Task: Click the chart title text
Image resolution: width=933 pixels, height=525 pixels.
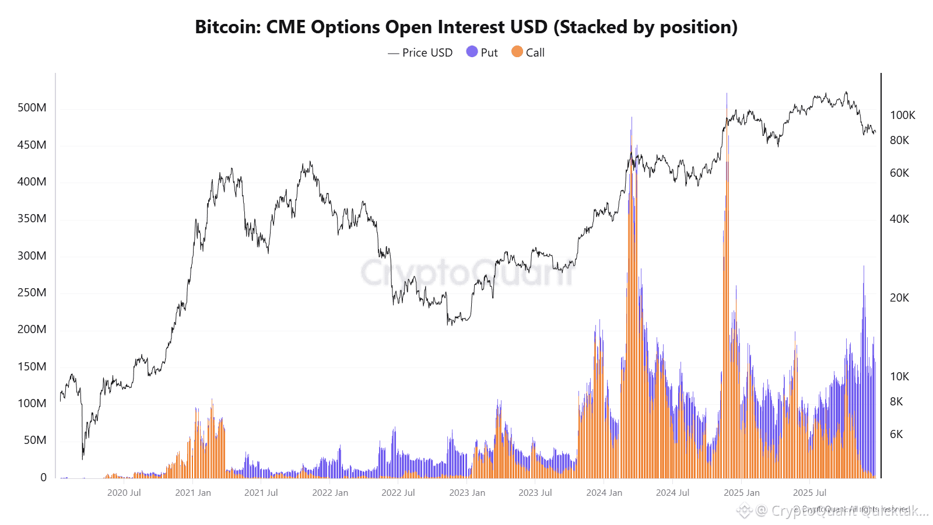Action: [466, 27]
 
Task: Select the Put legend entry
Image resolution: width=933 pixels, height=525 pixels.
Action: [482, 52]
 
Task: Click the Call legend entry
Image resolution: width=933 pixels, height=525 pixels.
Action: [528, 52]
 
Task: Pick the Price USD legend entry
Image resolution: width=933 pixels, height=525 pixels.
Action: [420, 52]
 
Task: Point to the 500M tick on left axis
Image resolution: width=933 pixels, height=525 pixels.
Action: [32, 107]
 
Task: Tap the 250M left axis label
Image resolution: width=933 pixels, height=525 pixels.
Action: [32, 292]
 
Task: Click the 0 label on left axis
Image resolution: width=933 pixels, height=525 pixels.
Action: [43, 477]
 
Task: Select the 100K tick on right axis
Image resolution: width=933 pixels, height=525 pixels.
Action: [902, 115]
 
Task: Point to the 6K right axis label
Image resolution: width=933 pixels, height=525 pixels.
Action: [896, 434]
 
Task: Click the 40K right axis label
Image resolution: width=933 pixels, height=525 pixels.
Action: [899, 219]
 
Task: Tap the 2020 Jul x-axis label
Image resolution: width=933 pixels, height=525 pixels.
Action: [124, 493]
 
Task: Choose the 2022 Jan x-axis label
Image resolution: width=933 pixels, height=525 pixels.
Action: [330, 493]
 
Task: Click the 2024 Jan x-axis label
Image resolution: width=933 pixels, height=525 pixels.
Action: [604, 493]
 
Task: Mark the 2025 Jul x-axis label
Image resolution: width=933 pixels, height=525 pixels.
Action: [809, 493]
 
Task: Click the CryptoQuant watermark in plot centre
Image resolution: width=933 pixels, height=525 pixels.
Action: [466, 272]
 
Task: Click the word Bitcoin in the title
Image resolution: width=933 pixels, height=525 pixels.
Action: [227, 27]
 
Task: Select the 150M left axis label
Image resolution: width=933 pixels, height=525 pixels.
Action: [32, 366]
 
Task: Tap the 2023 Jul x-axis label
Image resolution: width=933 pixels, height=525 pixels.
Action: [535, 493]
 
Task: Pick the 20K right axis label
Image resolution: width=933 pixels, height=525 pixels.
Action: [899, 297]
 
